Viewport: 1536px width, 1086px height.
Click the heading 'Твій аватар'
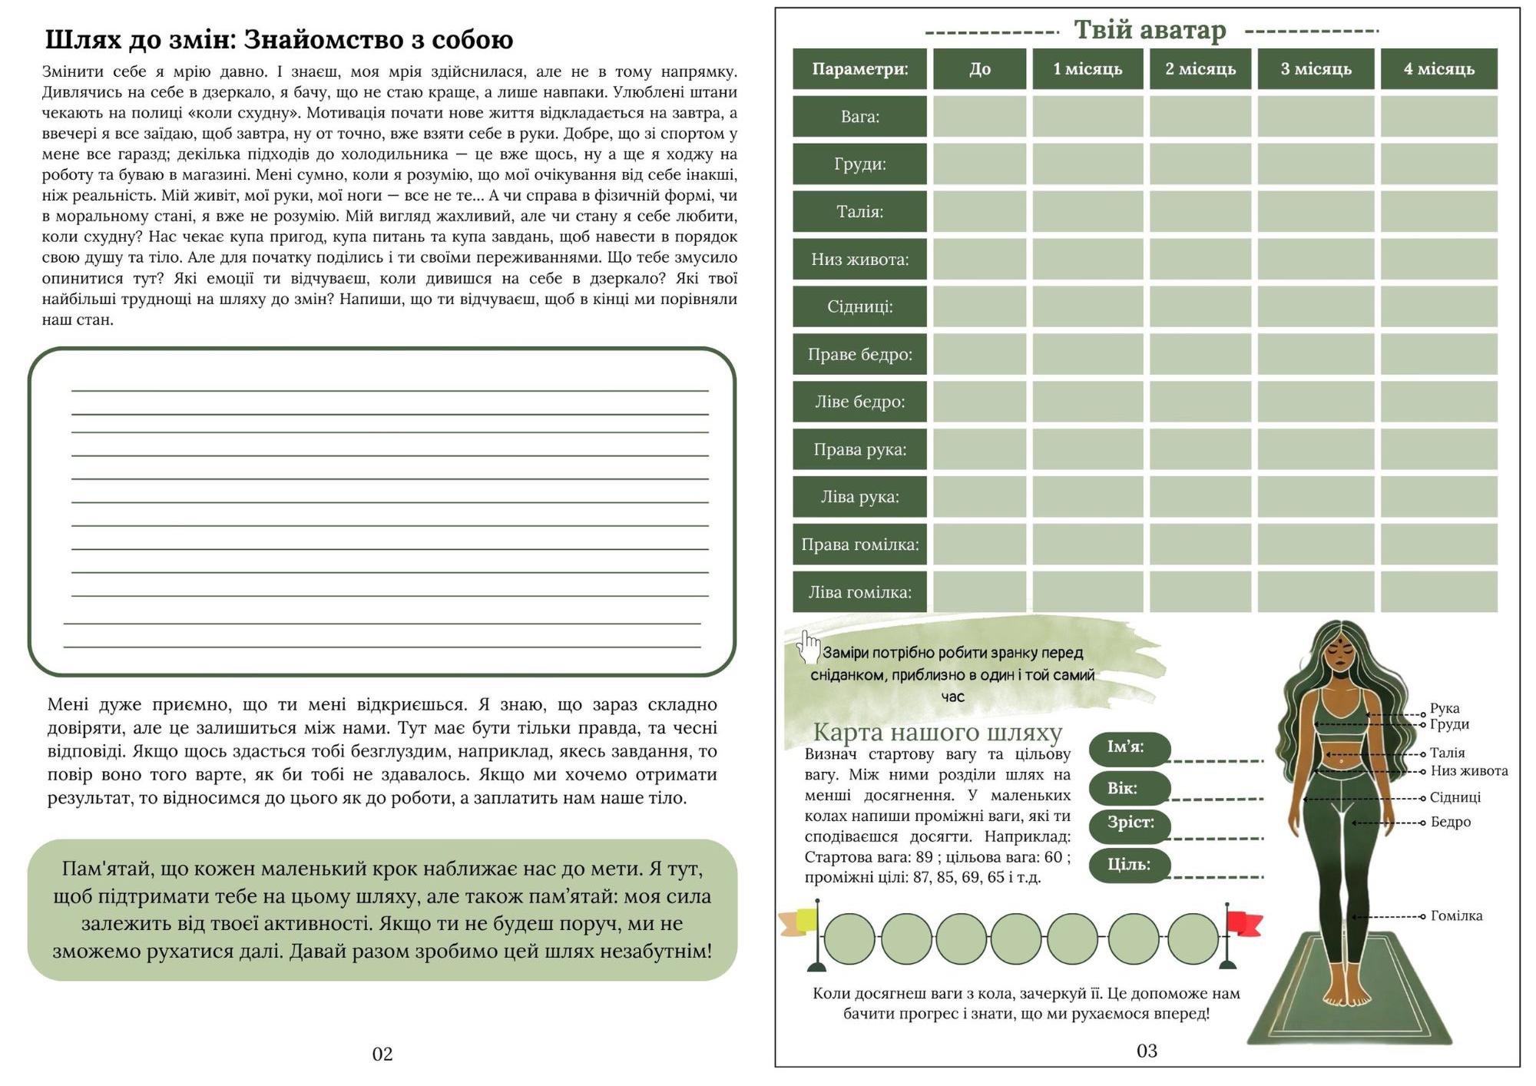pos(1150,30)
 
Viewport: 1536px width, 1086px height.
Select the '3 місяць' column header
pos(1316,69)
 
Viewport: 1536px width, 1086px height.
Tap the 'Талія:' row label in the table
pos(859,212)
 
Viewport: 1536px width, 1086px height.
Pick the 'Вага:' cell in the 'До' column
pos(979,117)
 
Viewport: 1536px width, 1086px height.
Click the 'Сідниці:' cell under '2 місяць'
pos(1200,306)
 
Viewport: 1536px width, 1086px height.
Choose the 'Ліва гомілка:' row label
pos(859,592)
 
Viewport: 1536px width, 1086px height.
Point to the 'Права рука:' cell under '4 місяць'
pos(1438,449)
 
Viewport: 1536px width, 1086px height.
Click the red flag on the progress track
pos(1243,923)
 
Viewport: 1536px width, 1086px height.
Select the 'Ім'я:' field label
pos(1126,747)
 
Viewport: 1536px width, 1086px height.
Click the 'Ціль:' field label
pos(1128,865)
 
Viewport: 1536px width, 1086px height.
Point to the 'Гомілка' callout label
pos(1456,915)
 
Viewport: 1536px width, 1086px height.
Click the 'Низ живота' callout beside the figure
pos(1468,771)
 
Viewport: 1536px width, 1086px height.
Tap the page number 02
pos(382,1054)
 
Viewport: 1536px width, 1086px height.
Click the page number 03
pos(1147,1051)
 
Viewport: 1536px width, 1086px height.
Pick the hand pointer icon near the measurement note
pos(807,647)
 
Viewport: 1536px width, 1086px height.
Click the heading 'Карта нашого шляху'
pos(937,732)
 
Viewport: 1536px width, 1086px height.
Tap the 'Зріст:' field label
pos(1130,823)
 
